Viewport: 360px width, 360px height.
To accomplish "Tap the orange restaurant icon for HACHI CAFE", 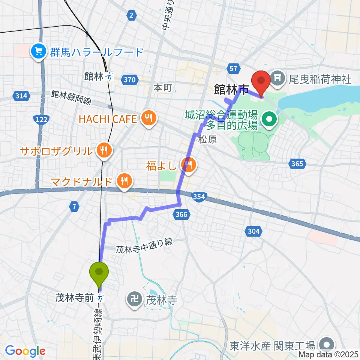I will click(x=149, y=119).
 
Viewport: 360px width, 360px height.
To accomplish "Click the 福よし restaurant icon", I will click(x=188, y=165).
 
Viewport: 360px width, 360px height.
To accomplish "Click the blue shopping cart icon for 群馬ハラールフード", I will click(x=39, y=51).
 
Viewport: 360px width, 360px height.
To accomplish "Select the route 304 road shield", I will click(x=254, y=231).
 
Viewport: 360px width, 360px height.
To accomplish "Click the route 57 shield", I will click(x=233, y=68).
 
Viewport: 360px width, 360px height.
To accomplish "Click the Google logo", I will click(x=25, y=351).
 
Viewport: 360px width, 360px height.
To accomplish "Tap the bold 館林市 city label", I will click(x=231, y=90).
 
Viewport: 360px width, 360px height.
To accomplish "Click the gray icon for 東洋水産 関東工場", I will click(x=327, y=344).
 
